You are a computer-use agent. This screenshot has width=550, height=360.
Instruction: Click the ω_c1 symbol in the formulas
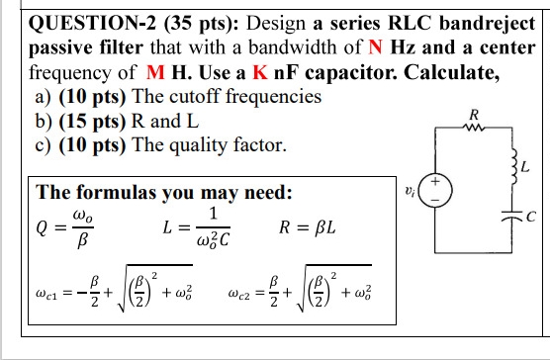[46, 294]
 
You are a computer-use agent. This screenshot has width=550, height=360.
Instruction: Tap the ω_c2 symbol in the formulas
[242, 294]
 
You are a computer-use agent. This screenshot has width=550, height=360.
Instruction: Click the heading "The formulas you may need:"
[164, 191]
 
